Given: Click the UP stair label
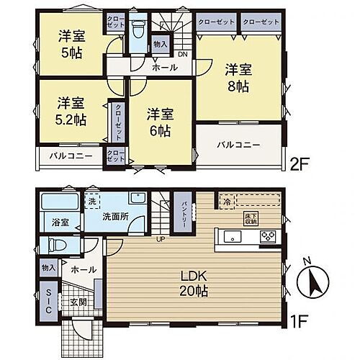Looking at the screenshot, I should [162, 240].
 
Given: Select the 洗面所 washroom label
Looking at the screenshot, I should [113, 215].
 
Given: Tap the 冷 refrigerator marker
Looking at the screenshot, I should [225, 201].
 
